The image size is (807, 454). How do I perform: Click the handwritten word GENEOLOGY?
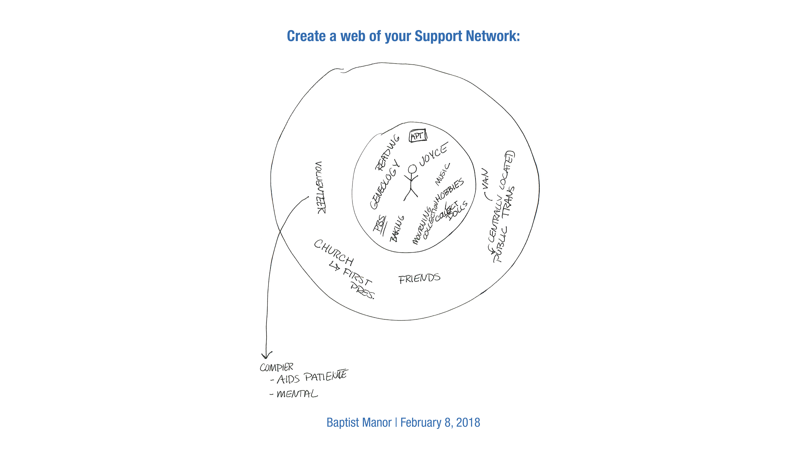tap(385, 185)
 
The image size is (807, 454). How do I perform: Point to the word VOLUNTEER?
tap(320, 188)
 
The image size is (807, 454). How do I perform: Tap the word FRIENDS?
tap(419, 278)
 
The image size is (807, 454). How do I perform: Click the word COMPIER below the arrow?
tap(276, 367)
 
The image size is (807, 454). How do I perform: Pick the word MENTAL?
tap(297, 394)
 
